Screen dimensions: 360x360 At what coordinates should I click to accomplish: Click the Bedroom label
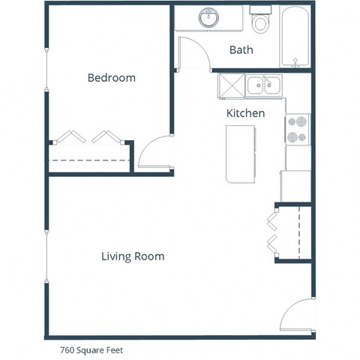[x=111, y=78]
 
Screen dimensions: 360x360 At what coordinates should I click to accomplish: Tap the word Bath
[x=241, y=50]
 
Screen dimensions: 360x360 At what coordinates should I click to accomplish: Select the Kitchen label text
[x=245, y=113]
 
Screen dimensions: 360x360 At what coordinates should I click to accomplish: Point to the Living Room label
[x=133, y=256]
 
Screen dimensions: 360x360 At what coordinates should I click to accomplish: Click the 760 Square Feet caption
[x=91, y=349]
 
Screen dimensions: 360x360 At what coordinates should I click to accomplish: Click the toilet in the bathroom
[x=260, y=22]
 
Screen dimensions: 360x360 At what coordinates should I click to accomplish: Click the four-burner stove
[x=297, y=129]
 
